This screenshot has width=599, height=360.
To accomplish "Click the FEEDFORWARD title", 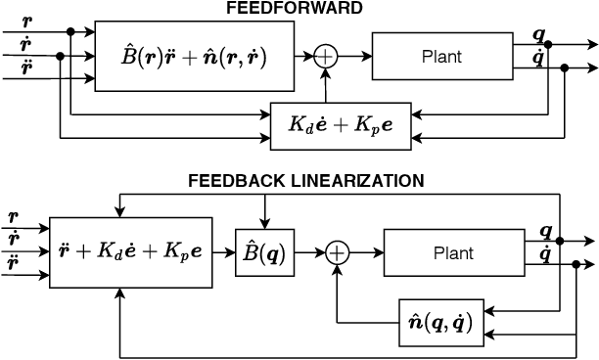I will (x=294, y=9).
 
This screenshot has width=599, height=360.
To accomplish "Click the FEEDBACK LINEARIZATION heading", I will (x=306, y=181).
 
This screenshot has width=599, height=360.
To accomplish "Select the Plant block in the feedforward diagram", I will (x=442, y=57).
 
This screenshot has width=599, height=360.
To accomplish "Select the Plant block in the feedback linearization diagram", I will (x=452, y=252).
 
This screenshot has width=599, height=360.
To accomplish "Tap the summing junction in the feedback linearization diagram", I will (x=337, y=252).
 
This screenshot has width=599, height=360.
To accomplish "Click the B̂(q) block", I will (x=264, y=252).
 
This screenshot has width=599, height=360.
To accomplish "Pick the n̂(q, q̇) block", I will (x=438, y=321).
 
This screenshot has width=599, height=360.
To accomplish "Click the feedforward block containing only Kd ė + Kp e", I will (x=340, y=124).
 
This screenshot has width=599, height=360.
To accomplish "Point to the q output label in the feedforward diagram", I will (x=538, y=34).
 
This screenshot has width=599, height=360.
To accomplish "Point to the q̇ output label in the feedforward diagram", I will (x=538, y=58).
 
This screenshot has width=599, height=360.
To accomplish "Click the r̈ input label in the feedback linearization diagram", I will (x=14, y=263).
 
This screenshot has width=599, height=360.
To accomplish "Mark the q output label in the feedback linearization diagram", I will (x=546, y=231).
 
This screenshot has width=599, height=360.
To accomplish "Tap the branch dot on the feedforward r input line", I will (x=70, y=32).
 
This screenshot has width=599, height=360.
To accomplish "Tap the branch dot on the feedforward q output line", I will (x=547, y=44).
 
